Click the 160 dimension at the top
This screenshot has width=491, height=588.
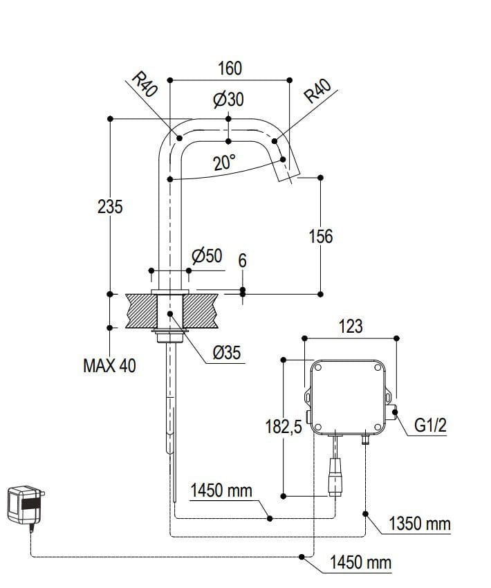[230, 68]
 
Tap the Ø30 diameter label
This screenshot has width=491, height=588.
[228, 100]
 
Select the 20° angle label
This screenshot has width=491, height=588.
[224, 163]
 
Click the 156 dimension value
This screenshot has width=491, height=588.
[320, 237]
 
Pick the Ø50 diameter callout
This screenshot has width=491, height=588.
[207, 257]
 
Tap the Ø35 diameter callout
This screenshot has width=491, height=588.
[226, 353]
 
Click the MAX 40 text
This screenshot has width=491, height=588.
[109, 366]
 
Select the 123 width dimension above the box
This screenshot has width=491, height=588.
[351, 327]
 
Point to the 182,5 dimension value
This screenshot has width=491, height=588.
[284, 428]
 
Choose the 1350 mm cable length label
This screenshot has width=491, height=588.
[419, 524]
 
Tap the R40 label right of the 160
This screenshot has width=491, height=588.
[319, 91]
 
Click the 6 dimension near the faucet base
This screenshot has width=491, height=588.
[242, 261]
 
